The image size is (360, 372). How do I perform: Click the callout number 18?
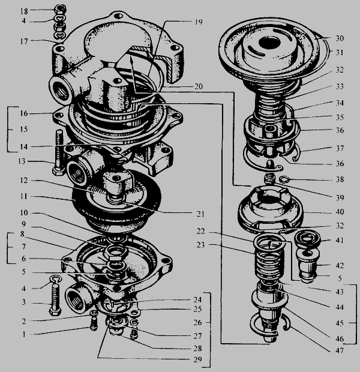(x=24, y=11)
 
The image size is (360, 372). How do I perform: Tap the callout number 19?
(x=199, y=22)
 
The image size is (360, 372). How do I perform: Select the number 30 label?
(x=340, y=38)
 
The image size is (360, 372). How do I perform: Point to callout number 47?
(x=340, y=350)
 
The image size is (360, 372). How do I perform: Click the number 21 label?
(x=200, y=214)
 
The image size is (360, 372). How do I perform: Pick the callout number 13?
(x=22, y=161)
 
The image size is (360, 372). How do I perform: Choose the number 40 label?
(x=340, y=212)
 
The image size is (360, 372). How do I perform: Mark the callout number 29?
(x=197, y=359)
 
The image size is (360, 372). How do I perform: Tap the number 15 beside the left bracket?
(x=24, y=130)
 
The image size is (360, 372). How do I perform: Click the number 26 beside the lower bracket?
(x=197, y=323)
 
